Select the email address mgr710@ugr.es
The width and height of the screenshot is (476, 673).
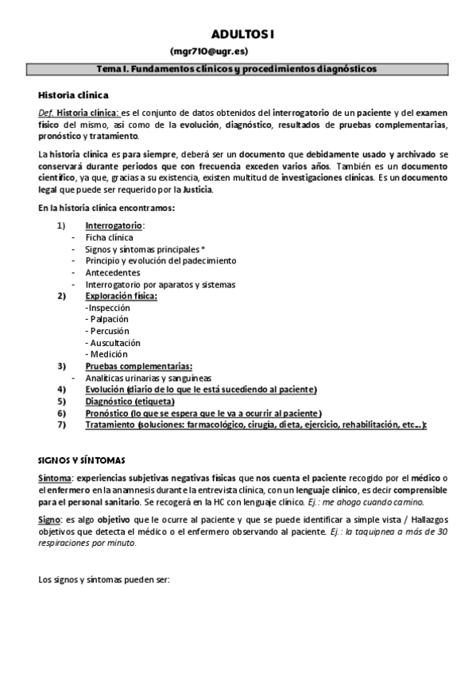(x=242, y=52)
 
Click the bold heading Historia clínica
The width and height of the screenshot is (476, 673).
(x=68, y=94)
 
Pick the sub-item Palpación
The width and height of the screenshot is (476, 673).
(x=110, y=319)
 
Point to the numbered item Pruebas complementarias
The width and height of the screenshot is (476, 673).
(x=138, y=366)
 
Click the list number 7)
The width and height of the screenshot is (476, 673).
(x=61, y=425)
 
